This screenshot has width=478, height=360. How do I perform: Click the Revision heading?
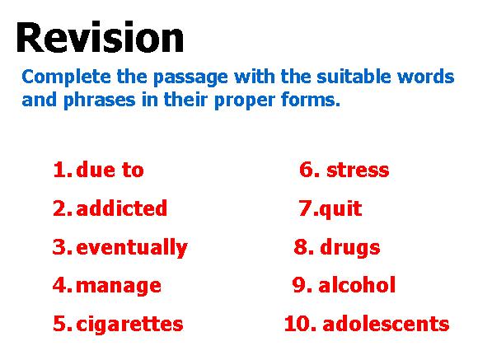coord(100,37)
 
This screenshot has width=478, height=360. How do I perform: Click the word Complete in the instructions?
coord(66,77)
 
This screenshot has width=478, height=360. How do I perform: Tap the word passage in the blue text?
coord(190,77)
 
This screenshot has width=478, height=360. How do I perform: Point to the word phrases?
coord(100,101)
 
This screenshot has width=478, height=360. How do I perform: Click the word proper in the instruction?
coord(245,101)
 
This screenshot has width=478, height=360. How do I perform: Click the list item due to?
coord(110,170)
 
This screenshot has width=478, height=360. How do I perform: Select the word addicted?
coord(122,208)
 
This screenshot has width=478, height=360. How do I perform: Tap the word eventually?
coord(132,247)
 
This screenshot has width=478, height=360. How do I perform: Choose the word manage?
coord(119,287)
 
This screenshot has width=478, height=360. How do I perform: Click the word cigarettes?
coord(129,325)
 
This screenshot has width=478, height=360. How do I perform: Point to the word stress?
coord(358,171)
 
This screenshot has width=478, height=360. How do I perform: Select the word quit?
coord(340,209)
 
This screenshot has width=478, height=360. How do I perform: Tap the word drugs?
coord(350,247)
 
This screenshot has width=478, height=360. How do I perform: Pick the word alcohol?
coord(357,285)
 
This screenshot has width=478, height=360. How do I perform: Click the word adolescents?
coord(386,324)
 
